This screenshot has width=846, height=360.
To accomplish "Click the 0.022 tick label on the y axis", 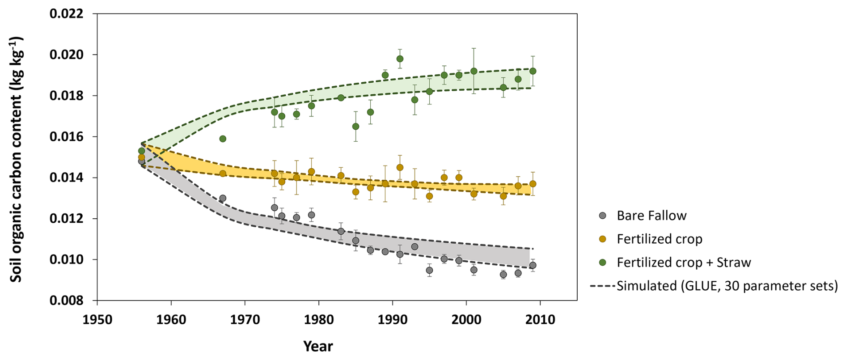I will point(67,14).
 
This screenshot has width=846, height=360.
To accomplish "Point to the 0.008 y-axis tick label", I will point(67,301).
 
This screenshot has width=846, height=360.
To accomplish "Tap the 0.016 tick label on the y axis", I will point(67,137).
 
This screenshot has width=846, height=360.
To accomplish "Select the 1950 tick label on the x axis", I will point(97,320).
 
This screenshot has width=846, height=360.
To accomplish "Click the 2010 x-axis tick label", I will point(540,320).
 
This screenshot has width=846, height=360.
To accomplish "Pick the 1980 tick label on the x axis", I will point(319,320).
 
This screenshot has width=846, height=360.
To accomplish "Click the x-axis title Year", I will point(318,346).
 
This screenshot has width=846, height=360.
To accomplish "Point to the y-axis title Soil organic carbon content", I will point(16,159).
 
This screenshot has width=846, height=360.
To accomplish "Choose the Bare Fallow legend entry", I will point(651,216).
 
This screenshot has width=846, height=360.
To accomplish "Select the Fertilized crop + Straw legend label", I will point(684,263).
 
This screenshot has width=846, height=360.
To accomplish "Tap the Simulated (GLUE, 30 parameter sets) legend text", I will point(727,286).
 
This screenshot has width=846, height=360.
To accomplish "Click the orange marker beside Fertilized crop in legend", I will point(603,239).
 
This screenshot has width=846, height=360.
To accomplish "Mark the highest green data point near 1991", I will point(400,59).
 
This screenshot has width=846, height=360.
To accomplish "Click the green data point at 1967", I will point(223,139).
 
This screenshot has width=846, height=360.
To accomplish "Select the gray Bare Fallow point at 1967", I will point(223,198).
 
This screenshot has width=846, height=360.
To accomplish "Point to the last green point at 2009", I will point(533,71).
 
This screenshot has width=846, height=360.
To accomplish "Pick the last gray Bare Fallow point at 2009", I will point(533,265).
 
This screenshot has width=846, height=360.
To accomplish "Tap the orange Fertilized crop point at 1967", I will point(223,174).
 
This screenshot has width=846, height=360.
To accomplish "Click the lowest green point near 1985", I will point(355,127).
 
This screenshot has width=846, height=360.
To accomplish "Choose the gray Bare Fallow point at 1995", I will point(429,270).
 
